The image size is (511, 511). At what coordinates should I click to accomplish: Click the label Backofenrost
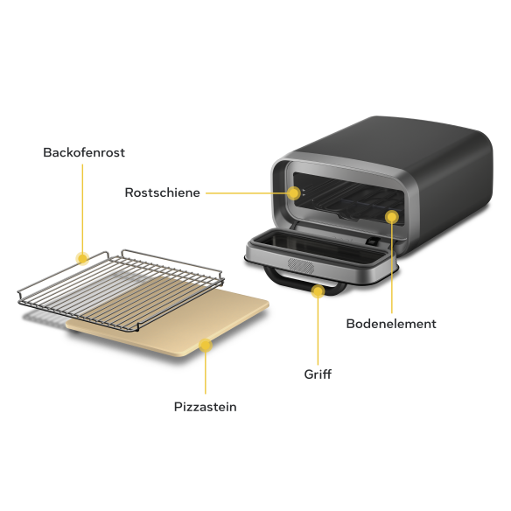pos(84,152)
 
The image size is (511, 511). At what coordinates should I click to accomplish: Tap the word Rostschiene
pos(162,192)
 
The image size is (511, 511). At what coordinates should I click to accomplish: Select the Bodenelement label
pos(391,324)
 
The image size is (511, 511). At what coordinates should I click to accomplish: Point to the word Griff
pos(318,374)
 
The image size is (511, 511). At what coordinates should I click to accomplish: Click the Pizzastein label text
pos(206,407)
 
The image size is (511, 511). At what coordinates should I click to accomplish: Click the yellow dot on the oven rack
pos(83,259)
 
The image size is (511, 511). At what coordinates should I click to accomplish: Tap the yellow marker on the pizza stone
pos(206,346)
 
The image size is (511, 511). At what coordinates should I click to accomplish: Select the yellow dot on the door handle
pos(318,291)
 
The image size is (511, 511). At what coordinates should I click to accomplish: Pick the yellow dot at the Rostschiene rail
pos(294,192)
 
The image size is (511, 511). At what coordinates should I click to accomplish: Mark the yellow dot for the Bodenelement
pos(392,217)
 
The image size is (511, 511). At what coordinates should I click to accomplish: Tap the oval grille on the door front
pos(301,266)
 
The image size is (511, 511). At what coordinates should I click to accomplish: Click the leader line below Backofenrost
pos(82,208)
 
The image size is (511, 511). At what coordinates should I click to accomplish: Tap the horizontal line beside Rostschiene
pos(247,192)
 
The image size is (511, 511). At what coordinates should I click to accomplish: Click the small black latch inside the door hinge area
pos(373,241)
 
